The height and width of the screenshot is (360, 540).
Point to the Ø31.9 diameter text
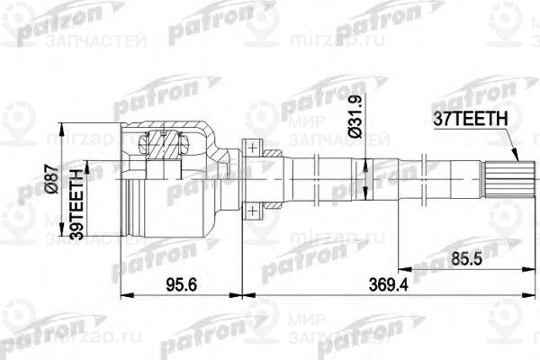click(x=356, y=113)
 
